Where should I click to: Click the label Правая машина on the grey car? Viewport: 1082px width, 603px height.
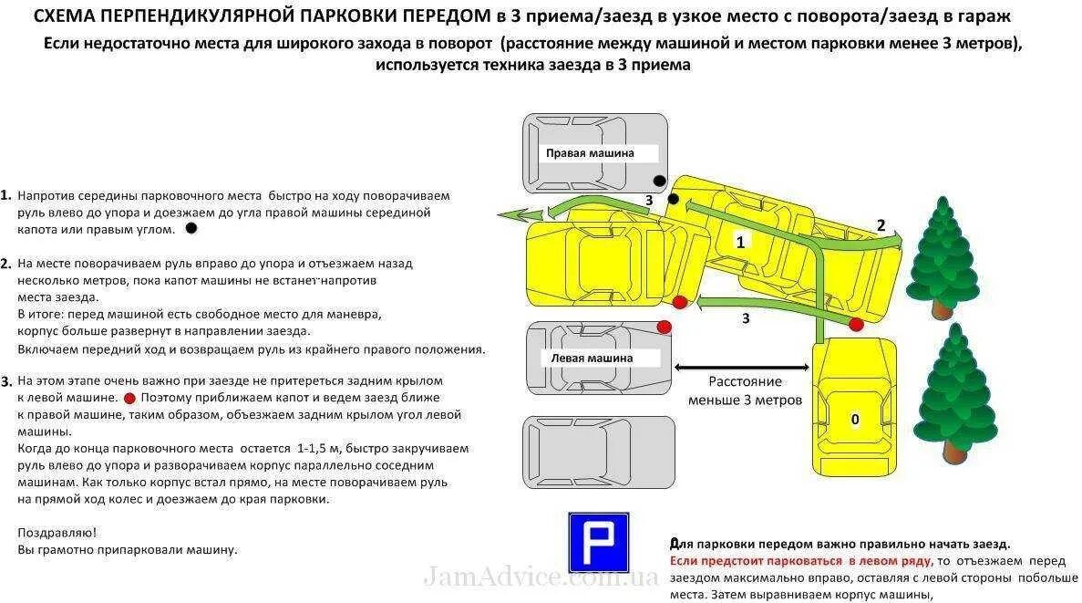click(x=589, y=153)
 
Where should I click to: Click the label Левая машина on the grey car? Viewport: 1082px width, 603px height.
click(x=592, y=359)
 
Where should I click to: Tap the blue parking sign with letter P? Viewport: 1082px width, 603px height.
click(x=598, y=542)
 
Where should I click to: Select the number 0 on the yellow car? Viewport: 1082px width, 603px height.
click(x=854, y=420)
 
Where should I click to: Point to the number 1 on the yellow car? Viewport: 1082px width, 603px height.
click(x=740, y=242)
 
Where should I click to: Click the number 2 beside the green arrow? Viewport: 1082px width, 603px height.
click(x=881, y=225)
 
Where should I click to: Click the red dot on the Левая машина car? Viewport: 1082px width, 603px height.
click(x=664, y=327)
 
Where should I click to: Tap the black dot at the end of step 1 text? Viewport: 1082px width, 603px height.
click(x=191, y=228)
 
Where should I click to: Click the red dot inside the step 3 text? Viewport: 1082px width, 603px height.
click(x=129, y=398)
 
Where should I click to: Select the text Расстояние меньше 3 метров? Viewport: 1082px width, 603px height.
click(x=745, y=390)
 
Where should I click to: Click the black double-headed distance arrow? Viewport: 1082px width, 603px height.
click(x=741, y=367)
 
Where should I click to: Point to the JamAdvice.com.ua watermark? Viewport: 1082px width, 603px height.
click(x=540, y=577)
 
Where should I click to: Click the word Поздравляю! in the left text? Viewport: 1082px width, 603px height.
click(x=57, y=531)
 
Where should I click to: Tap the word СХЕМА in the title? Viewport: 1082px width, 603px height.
click(x=63, y=17)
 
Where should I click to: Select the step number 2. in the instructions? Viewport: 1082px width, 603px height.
click(x=6, y=264)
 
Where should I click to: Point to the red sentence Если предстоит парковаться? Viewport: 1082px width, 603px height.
click(x=801, y=561)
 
